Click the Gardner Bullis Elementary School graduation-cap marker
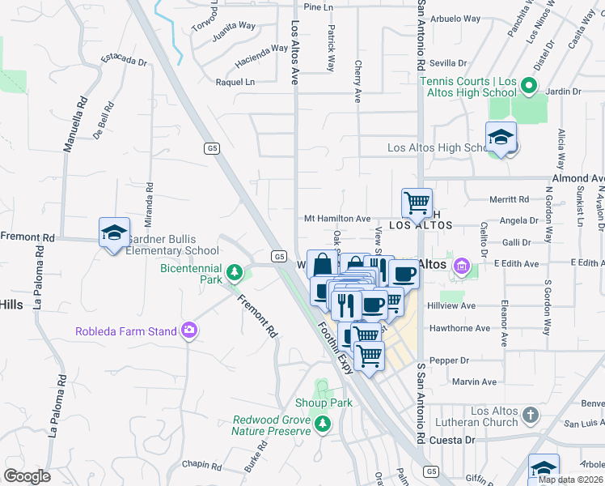coord(114,232)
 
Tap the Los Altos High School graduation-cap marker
coord(501,137)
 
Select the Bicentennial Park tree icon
coord(235,272)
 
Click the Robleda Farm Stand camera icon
coord(189,330)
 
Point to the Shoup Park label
coord(330,403)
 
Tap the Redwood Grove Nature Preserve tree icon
coord(323,423)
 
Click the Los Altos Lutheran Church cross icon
coord(530,416)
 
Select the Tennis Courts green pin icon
coord(528,85)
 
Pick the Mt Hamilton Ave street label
coord(336,219)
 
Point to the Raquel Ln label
coord(235,82)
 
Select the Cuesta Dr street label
coord(454,440)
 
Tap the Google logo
coord(27,476)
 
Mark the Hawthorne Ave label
coord(460,328)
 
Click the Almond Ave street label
coord(577,178)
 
